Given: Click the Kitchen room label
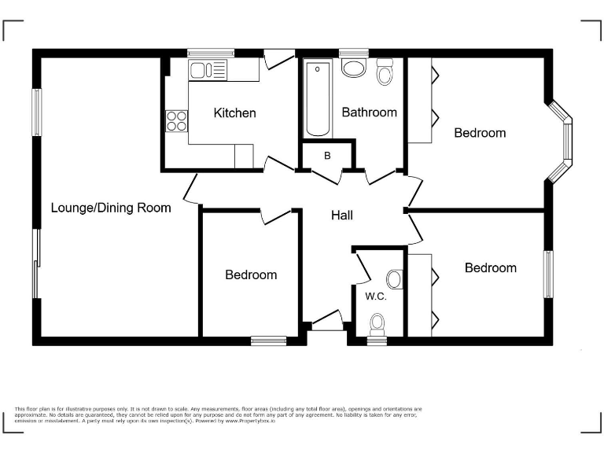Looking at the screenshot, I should point(234,113).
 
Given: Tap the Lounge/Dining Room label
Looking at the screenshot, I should point(111,208).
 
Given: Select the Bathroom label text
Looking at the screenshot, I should point(369,112).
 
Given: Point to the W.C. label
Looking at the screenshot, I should point(374,296).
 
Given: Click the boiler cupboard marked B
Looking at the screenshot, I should point(327,156).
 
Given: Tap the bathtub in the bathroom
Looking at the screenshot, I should point(319,99).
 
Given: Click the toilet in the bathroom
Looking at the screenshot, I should point(385,73).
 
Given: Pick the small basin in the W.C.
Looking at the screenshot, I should point(395,279).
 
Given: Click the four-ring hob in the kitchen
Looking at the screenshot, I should point(177,122).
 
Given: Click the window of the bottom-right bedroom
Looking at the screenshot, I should point(549,274).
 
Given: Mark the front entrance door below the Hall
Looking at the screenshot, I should point(325,323).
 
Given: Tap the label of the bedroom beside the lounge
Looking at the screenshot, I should point(251,275).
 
